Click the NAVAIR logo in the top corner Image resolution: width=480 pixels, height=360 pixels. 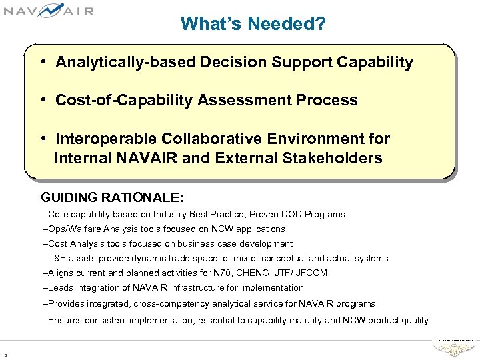click(48, 11)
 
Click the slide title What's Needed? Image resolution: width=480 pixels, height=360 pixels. click(253, 25)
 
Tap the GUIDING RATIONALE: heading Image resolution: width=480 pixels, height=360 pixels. click(112, 198)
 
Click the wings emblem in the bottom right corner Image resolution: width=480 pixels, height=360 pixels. click(453, 348)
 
